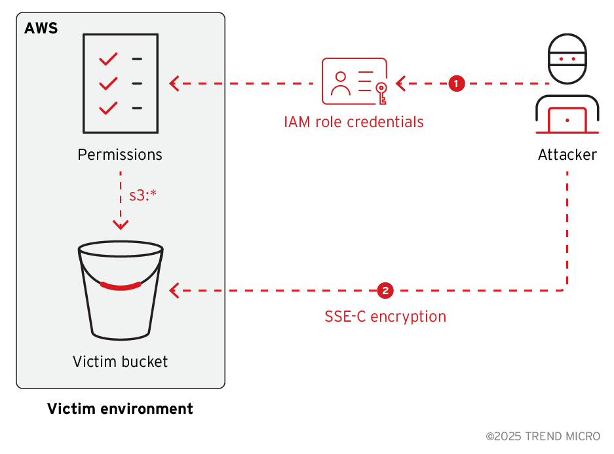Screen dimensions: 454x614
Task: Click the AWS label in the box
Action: (41, 28)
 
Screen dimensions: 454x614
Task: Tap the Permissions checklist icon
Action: (121, 83)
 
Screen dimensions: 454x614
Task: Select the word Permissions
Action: (120, 155)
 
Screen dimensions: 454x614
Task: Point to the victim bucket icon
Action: (121, 292)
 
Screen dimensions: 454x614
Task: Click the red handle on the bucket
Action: (121, 286)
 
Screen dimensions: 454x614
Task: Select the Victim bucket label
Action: (121, 361)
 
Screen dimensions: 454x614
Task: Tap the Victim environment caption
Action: (120, 409)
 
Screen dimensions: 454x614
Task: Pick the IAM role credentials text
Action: (353, 122)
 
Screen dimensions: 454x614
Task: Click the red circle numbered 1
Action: (457, 83)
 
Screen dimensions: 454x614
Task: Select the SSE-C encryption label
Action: (385, 317)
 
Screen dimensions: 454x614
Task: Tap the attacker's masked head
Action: (567, 60)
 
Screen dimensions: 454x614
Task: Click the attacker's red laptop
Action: (567, 119)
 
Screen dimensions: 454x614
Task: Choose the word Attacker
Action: (567, 155)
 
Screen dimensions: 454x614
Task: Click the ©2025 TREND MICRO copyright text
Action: (543, 436)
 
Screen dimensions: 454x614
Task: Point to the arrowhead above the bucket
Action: (121, 225)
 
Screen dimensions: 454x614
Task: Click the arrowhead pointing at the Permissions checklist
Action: (174, 83)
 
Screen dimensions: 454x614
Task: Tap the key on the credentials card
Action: (381, 92)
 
